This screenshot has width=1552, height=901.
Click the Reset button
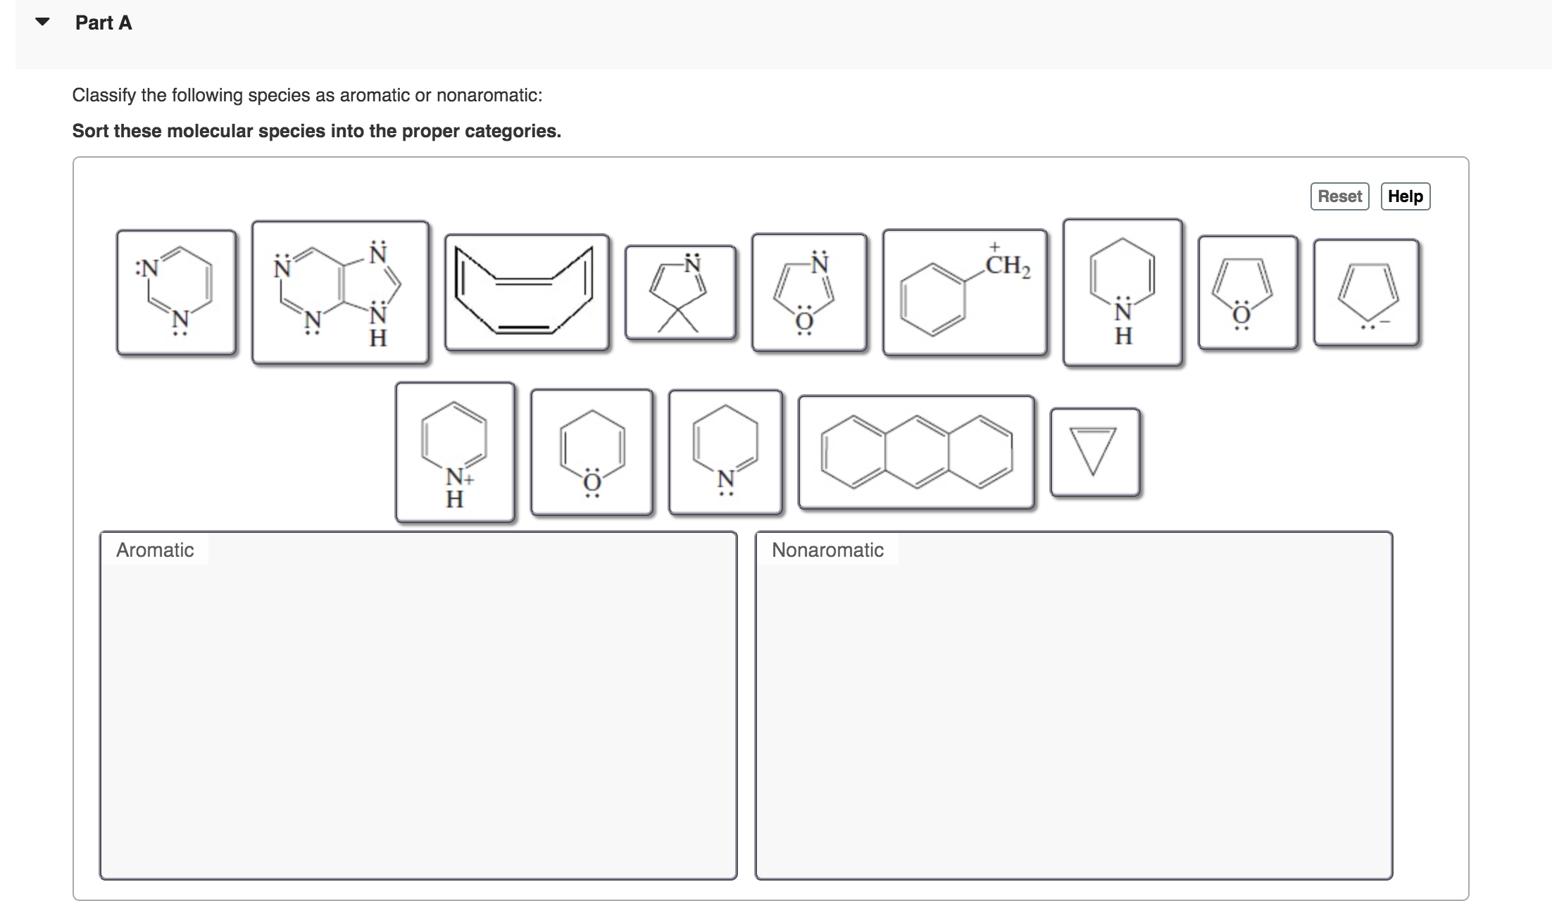(x=1339, y=196)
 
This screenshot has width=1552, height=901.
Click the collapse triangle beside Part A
(x=42, y=22)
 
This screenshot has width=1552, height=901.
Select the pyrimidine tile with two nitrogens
(x=176, y=292)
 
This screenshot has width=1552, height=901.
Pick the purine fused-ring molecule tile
(x=340, y=292)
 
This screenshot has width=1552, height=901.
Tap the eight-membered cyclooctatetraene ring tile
(x=526, y=292)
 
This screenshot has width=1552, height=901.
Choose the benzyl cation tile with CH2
(x=964, y=292)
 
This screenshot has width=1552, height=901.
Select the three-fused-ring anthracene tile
(x=915, y=452)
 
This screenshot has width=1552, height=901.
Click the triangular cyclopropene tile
(x=1094, y=452)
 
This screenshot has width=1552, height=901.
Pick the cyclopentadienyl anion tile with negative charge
(x=1365, y=292)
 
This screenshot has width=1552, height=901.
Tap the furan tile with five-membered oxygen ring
(x=1247, y=292)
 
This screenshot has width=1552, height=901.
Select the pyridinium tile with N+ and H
(x=455, y=452)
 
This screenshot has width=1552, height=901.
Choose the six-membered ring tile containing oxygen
(x=592, y=452)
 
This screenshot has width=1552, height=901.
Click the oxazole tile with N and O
(x=808, y=292)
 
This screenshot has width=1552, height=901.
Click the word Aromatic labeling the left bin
(x=155, y=550)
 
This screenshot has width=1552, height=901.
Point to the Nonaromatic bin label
(x=827, y=550)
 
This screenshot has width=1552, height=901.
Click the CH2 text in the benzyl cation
(x=1008, y=266)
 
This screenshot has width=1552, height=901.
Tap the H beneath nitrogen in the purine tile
(x=378, y=339)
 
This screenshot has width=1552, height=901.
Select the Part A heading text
(x=104, y=23)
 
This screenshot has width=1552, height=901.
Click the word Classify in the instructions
(x=104, y=95)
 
